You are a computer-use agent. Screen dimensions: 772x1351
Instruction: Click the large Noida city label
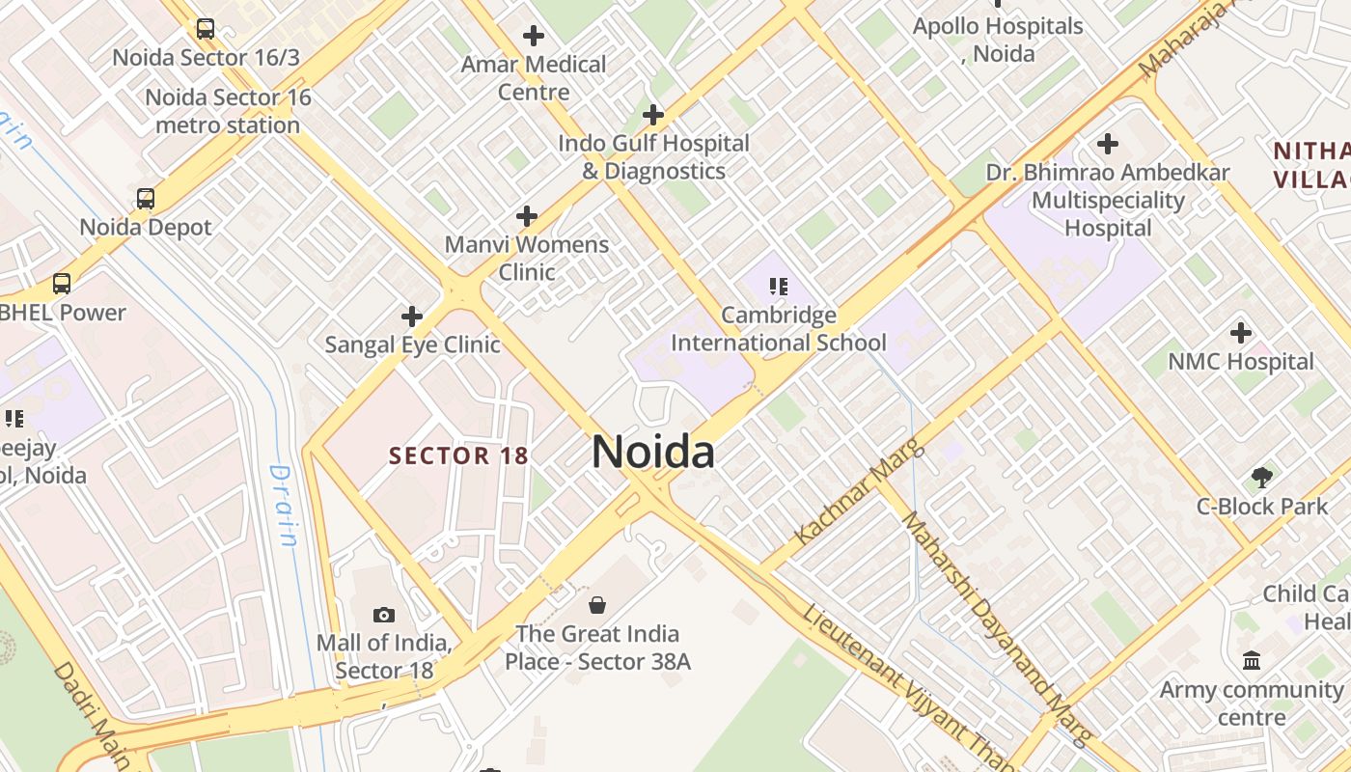pyautogui.click(x=653, y=453)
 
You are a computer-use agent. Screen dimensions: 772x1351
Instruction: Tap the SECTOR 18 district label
pyautogui.click(x=458, y=455)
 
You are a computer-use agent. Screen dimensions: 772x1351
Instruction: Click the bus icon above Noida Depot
pyautogui.click(x=146, y=199)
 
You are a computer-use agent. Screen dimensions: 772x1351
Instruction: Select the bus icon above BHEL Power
pyautogui.click(x=62, y=284)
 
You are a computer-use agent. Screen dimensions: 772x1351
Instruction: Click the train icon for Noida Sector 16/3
pyautogui.click(x=206, y=29)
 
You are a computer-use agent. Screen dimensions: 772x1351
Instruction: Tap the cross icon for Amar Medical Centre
pyautogui.click(x=534, y=36)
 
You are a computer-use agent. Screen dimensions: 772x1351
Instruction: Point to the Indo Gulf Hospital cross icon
pyautogui.click(x=653, y=115)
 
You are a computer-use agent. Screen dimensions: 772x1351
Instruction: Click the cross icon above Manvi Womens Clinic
pyautogui.click(x=527, y=216)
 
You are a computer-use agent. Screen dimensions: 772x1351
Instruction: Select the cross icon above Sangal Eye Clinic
pyautogui.click(x=412, y=317)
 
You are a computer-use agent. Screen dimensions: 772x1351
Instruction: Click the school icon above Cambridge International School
pyautogui.click(x=778, y=287)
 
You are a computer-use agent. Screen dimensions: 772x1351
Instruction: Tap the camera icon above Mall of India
pyautogui.click(x=384, y=615)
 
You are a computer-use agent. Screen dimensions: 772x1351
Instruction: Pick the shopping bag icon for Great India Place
pyautogui.click(x=597, y=605)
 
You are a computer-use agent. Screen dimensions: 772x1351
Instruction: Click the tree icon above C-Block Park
pyautogui.click(x=1261, y=477)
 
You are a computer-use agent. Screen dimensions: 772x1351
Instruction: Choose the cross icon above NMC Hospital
pyautogui.click(x=1241, y=333)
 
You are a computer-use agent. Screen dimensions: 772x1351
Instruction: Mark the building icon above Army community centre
pyautogui.click(x=1252, y=661)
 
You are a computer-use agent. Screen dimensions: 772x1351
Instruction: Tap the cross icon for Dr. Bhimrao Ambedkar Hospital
pyautogui.click(x=1108, y=145)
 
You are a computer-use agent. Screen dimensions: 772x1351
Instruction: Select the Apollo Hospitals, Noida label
pyautogui.click(x=998, y=40)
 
